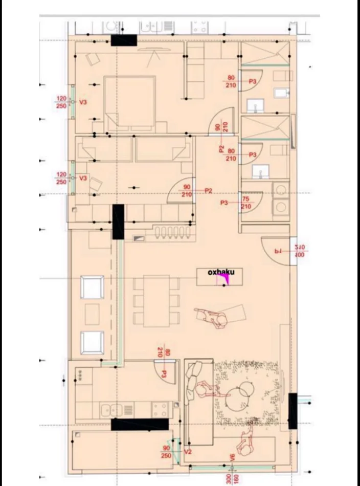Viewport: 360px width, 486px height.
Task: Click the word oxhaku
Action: pos(221,272)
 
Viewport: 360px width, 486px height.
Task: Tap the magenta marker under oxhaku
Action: pos(222,279)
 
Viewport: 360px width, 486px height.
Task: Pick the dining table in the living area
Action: pos(156,301)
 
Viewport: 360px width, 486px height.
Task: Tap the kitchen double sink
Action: pos(111,409)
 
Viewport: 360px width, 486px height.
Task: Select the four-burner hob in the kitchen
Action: pos(160,409)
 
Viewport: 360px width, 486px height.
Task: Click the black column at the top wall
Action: pos(124,41)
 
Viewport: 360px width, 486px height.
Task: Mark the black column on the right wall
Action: pos(292,411)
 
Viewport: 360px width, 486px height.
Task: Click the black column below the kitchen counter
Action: pos(140,424)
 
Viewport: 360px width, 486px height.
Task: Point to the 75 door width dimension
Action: pos(245,200)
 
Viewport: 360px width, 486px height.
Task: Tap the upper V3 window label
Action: pos(83,102)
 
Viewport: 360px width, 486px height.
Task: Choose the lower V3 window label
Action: pos(83,178)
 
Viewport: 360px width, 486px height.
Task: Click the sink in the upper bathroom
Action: pos(254,106)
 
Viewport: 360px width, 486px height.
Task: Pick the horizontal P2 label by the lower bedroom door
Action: pos(208,191)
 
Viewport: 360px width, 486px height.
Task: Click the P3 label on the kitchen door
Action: pos(164,374)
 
